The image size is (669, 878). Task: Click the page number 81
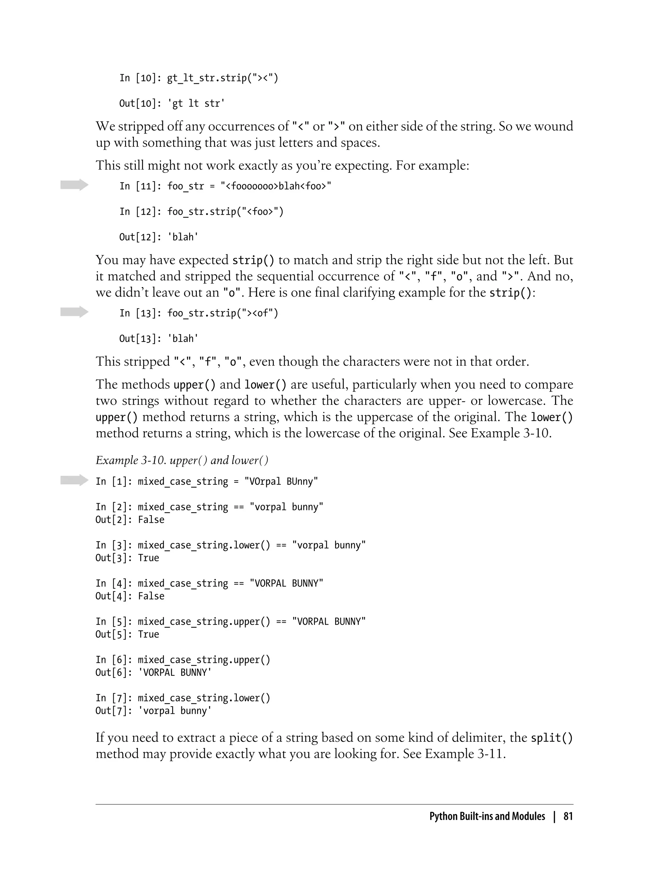point(568,816)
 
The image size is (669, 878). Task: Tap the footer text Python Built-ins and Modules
point(487,816)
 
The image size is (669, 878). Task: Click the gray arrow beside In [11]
point(74,185)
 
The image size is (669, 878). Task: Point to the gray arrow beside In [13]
point(74,312)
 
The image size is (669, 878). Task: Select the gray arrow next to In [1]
point(74,480)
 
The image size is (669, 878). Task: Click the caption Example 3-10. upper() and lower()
point(182,460)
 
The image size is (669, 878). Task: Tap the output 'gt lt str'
point(196,104)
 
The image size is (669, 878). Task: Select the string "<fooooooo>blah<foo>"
point(276,186)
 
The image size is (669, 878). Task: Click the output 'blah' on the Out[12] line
point(183,237)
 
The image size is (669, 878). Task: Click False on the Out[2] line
point(151,520)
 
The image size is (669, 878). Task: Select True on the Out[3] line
point(149,558)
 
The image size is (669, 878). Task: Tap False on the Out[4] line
point(151,596)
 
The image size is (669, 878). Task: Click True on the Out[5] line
point(149,634)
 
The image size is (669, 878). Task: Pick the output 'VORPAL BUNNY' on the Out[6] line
point(175,673)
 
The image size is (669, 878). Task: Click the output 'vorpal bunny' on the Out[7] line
point(175,711)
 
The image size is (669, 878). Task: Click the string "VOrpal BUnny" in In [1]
point(281,481)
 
